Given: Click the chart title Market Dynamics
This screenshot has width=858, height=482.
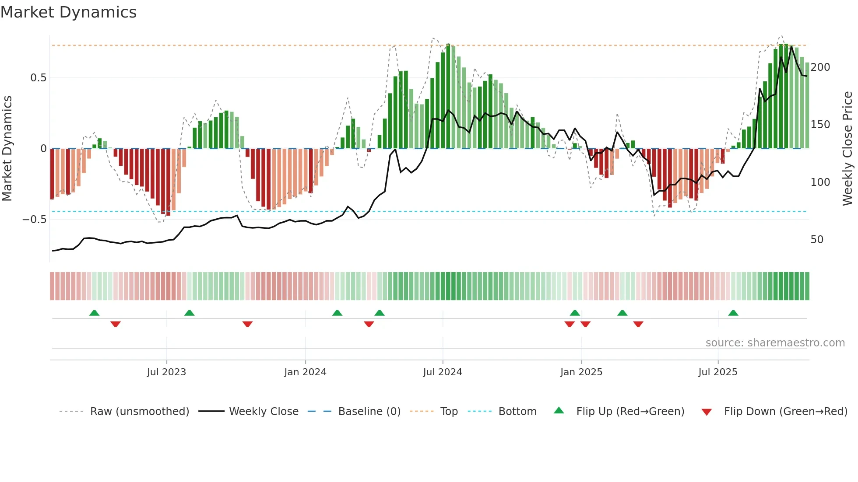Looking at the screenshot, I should tap(68, 12).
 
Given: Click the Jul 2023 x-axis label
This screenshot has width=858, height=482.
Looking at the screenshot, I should tap(166, 372).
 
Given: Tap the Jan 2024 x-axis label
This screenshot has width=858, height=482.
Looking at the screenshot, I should tap(305, 372).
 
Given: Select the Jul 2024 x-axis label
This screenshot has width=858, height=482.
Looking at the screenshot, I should tap(443, 372).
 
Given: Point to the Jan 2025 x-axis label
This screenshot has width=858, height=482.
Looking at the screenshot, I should tap(581, 372).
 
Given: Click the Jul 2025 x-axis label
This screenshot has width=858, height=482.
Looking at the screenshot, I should tap(718, 372).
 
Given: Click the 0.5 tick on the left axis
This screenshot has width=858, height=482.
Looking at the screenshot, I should tap(38, 78).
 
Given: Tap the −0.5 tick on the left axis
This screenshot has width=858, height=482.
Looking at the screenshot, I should tap(34, 220).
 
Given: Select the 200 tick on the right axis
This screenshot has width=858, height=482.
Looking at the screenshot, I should tap(820, 67).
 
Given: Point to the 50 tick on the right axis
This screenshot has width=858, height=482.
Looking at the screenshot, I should tap(817, 240).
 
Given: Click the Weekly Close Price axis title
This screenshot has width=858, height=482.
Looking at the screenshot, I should tap(847, 149).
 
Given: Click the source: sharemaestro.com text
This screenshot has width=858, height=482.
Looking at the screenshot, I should tap(775, 343).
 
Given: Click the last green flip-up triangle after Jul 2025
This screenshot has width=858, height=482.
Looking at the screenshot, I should tap(733, 313).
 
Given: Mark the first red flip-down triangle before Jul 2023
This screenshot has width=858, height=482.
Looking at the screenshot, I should tap(116, 324).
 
